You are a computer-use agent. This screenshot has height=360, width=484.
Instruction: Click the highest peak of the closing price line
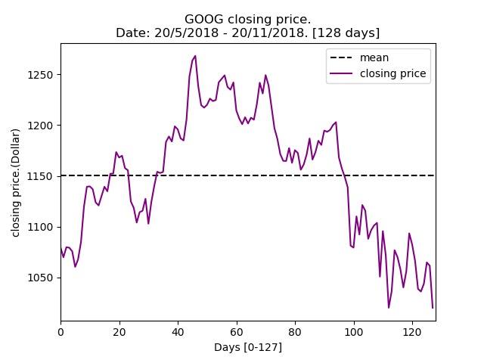195,56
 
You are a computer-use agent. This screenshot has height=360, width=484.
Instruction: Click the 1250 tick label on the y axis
40,75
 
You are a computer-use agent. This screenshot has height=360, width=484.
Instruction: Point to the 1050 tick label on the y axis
40,278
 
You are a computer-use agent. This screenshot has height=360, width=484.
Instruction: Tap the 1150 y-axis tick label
40,177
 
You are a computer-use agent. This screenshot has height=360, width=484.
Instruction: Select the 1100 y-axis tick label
40,227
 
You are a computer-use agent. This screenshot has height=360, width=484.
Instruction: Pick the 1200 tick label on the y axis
40,126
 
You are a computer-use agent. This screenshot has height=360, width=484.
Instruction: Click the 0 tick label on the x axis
60,332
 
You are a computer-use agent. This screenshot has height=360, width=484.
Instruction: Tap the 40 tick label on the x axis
178,332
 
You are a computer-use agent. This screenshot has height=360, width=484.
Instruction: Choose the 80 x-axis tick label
295,332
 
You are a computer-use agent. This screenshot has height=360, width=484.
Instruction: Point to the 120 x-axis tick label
412,332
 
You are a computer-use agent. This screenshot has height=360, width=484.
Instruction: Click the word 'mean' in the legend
374,57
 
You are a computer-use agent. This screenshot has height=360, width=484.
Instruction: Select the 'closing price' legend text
393,73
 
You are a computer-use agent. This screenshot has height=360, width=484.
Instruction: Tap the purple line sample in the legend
341,73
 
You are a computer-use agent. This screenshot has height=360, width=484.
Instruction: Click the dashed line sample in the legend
341,57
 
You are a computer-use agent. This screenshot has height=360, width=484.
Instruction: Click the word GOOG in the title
203,19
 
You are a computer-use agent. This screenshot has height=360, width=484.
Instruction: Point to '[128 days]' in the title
346,33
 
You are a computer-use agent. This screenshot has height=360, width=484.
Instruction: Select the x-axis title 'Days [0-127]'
248,347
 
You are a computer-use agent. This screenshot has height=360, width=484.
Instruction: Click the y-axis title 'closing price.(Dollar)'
15,183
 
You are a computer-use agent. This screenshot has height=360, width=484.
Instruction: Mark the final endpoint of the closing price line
433,308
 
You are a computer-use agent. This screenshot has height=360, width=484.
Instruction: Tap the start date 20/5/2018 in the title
187,33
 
